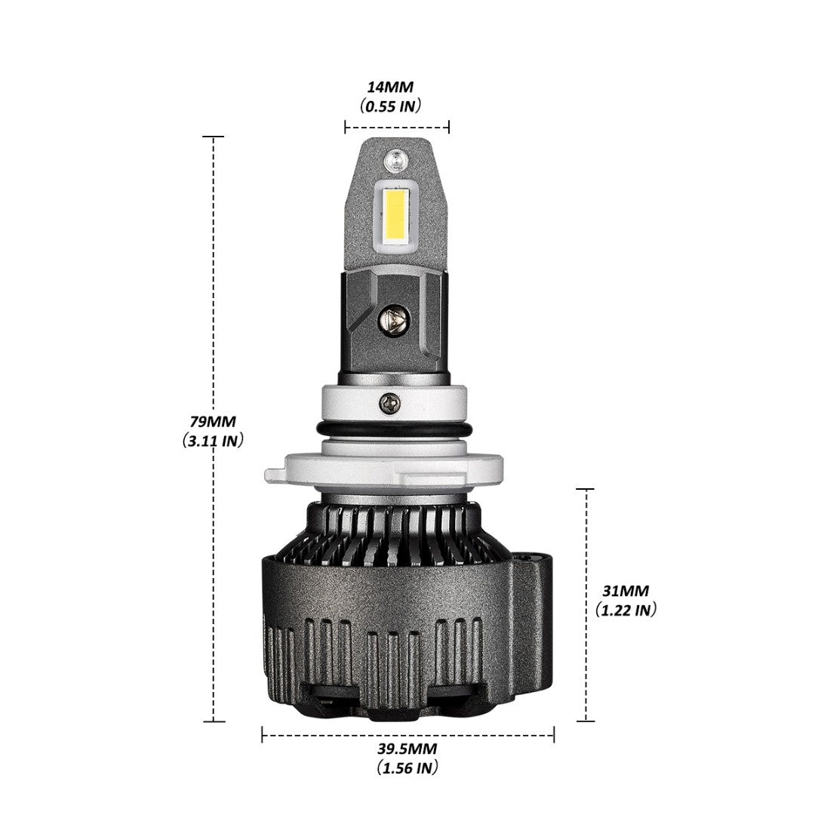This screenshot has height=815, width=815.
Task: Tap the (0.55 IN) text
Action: (x=390, y=106)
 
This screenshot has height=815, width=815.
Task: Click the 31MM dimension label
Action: (x=626, y=591)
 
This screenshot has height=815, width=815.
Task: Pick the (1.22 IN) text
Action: (x=626, y=610)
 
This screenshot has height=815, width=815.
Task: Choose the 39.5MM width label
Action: (x=407, y=749)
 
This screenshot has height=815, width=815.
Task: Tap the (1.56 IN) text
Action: (x=407, y=767)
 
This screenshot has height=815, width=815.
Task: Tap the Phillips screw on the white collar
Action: (x=390, y=402)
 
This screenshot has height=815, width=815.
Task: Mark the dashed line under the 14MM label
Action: (x=397, y=126)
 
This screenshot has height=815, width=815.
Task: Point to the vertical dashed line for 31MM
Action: (x=586, y=605)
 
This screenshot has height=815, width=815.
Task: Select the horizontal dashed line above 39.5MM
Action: (x=408, y=734)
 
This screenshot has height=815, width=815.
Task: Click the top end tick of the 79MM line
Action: (x=214, y=137)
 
